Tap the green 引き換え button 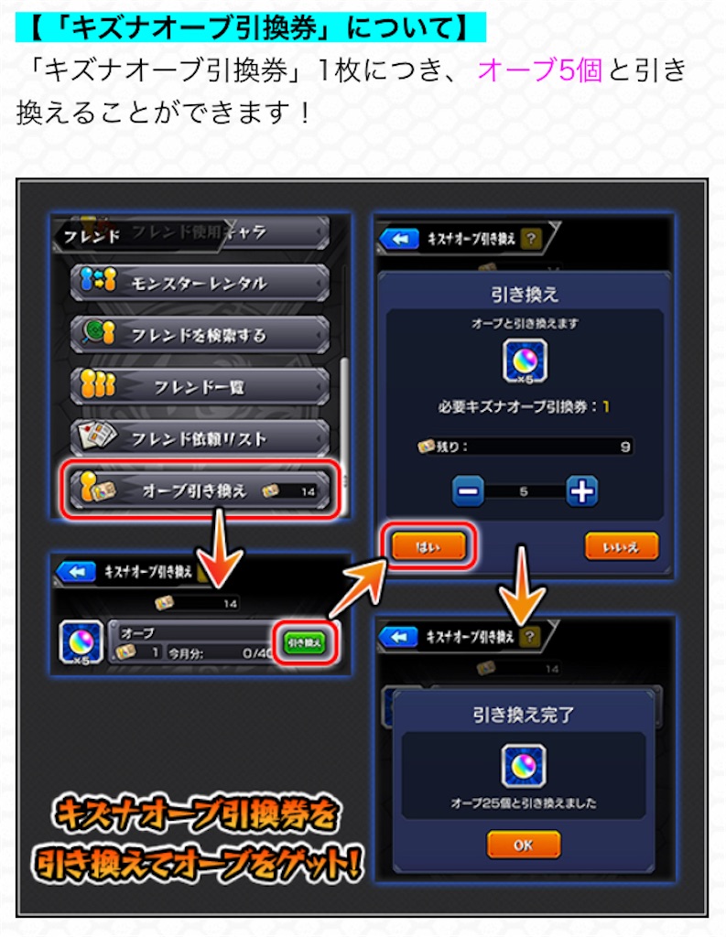[x=303, y=642]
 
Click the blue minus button [x=469, y=491]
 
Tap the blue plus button [x=581, y=491]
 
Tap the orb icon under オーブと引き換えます [x=525, y=361]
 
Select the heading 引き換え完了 [x=523, y=714]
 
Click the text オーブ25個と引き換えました [x=523, y=803]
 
